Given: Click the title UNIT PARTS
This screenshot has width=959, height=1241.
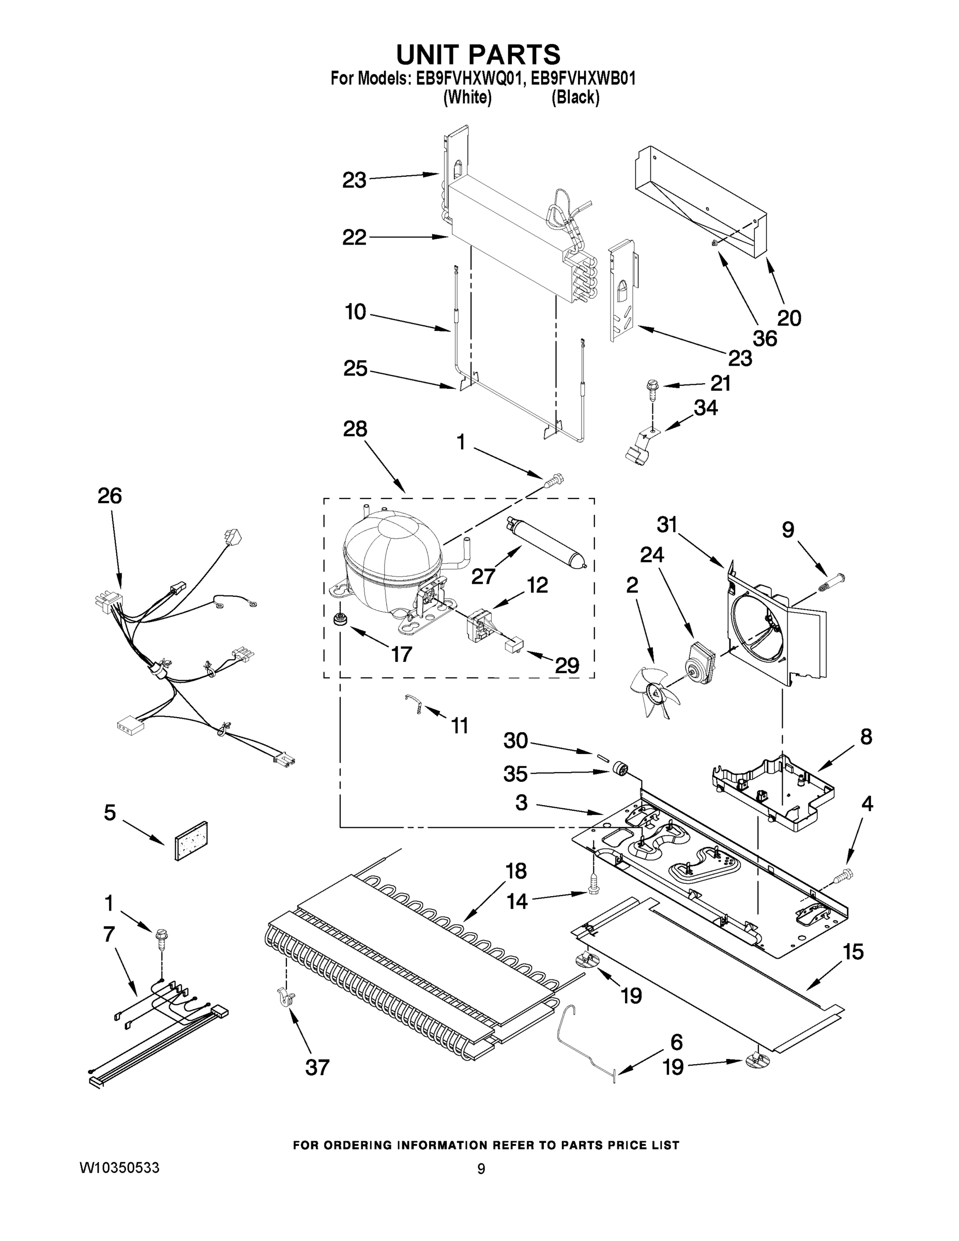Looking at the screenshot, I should click(478, 55).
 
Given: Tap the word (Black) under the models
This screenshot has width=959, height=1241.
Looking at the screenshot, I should click(575, 98).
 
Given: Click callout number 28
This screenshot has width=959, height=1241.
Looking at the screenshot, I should click(355, 429).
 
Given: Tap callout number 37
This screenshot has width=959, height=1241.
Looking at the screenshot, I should click(317, 1068).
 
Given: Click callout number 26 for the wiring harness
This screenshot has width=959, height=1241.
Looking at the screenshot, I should click(110, 496).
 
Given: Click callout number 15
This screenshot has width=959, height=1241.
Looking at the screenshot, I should click(853, 951).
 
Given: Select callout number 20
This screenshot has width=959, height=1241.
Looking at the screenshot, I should click(788, 317).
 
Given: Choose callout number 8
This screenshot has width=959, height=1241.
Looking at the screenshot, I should click(866, 737).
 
